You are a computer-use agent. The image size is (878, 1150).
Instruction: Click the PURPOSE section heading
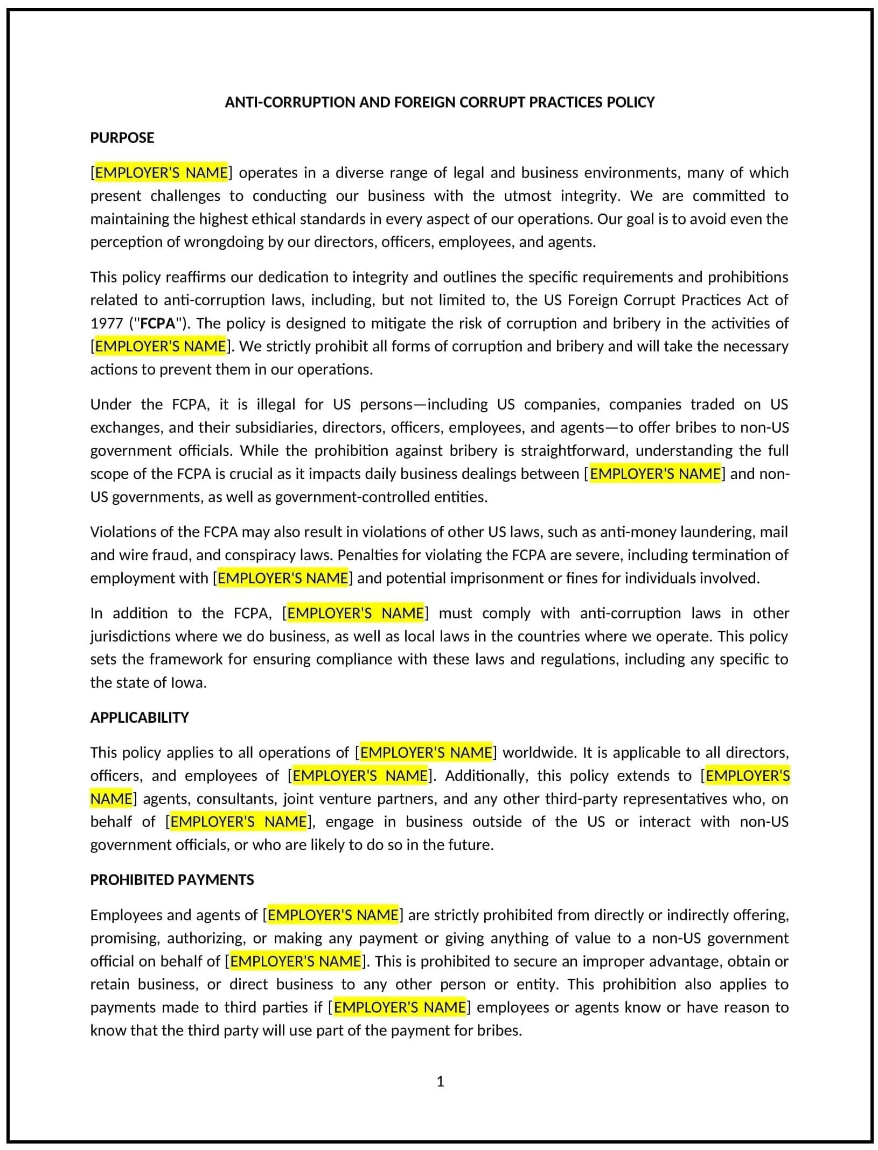click(122, 138)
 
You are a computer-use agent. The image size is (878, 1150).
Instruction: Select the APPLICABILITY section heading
click(139, 717)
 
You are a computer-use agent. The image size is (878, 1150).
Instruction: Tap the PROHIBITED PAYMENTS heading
click(172, 880)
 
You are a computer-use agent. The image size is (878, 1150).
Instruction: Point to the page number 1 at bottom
click(440, 1081)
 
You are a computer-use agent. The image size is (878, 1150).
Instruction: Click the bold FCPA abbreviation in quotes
click(158, 323)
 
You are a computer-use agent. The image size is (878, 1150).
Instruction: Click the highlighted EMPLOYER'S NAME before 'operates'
click(161, 173)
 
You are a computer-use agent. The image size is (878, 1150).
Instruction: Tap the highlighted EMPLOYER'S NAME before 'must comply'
click(355, 613)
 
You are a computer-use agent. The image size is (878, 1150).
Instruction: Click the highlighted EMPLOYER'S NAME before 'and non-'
click(654, 474)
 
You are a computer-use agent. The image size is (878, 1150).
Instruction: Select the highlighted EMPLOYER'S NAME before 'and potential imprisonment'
click(283, 578)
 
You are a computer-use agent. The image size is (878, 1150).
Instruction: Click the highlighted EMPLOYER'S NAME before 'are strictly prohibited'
click(333, 915)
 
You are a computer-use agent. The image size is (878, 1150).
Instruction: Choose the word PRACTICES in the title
click(566, 102)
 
